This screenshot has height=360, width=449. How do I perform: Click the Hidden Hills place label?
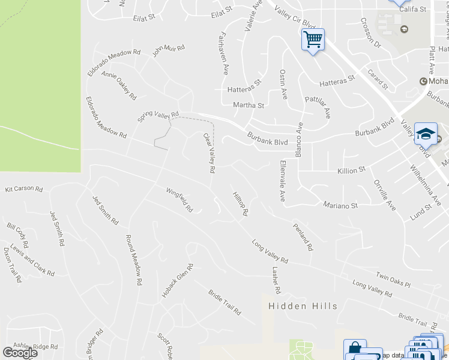coord(303,306)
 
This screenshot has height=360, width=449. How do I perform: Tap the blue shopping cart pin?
coord(313,40)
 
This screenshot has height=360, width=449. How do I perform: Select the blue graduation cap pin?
coord(426,133)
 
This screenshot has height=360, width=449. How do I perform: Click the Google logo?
coord(20,353)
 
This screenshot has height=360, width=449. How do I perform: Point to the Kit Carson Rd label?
coord(24,189)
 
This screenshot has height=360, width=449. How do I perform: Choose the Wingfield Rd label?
coord(179,200)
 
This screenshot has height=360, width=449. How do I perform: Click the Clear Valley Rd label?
coord(209,153)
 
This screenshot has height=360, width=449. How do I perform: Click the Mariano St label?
coord(340,205)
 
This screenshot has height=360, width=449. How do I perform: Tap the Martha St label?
coord(249,106)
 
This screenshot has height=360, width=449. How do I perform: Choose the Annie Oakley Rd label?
coord(119,86)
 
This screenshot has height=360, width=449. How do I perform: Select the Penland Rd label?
coord(303,237)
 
